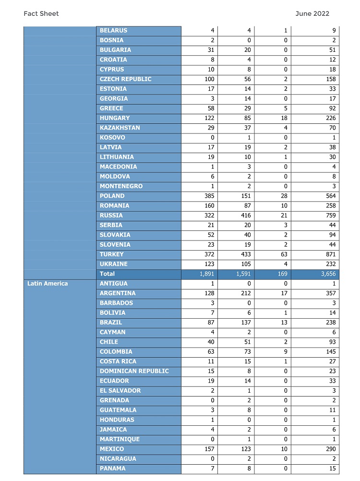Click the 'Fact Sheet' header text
click(x=41, y=14)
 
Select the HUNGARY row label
click(x=115, y=118)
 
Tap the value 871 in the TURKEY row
click(x=329, y=254)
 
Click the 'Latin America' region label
click(x=48, y=284)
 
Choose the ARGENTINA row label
click(x=118, y=293)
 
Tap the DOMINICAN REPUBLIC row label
click(x=134, y=371)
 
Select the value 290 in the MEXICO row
click(x=329, y=449)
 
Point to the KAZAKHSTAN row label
click(x=120, y=128)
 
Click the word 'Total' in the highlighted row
click(x=108, y=274)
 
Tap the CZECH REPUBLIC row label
click(x=126, y=79)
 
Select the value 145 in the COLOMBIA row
click(x=329, y=352)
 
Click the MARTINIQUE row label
click(x=120, y=439)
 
